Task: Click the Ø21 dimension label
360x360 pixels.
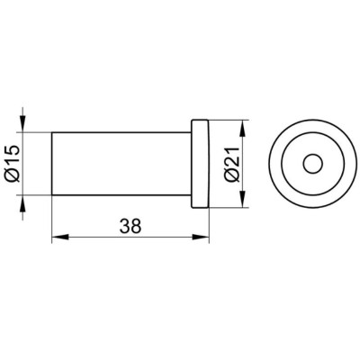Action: pos(234,165)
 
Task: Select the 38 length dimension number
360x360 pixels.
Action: pos(130,226)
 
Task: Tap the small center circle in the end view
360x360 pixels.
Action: pos(313,164)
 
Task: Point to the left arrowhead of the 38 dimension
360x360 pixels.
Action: pos(60,237)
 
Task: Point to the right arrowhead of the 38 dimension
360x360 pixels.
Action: pos(201,237)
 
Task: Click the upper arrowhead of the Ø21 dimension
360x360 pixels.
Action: pos(243,129)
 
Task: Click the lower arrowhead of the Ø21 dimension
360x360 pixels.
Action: pos(243,199)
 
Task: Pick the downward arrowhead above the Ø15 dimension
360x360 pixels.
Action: pos(22,124)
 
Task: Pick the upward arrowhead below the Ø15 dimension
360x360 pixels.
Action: pos(22,203)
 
